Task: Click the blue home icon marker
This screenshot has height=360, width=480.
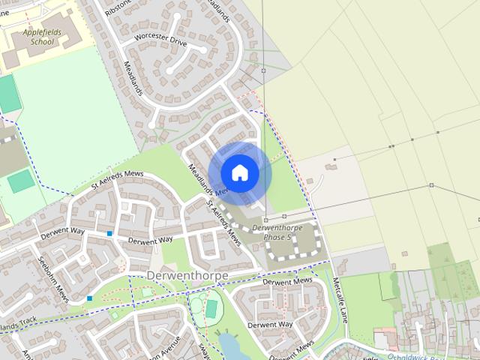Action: coord(239,172)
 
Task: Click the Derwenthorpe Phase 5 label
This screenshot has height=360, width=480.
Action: coord(271,232)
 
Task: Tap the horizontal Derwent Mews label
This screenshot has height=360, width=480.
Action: coord(287,281)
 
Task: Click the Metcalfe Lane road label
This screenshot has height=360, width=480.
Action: coord(340,300)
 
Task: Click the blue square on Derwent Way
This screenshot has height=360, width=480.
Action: coord(109,234)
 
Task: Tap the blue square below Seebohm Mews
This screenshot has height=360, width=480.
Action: coord(89,298)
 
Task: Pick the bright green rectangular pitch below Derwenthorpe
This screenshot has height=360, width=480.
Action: coord(211,308)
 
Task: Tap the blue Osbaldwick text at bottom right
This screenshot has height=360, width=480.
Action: coord(442,355)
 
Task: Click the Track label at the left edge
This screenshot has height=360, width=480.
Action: coord(18,325)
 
